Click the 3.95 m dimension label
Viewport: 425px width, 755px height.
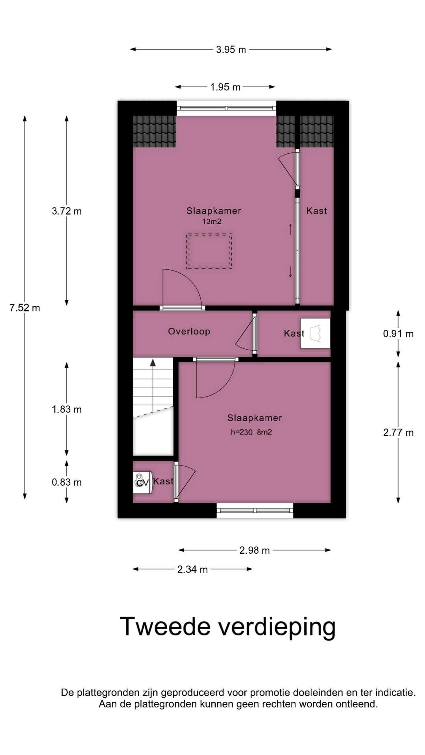231,50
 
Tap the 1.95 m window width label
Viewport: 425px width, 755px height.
225,87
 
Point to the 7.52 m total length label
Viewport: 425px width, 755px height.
25,308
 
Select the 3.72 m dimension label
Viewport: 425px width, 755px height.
67,211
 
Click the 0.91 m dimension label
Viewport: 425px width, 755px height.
398,334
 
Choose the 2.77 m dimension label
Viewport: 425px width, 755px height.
398,433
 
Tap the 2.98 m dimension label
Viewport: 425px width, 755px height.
255,550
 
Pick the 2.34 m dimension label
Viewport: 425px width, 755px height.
192,569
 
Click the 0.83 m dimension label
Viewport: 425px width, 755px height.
67,482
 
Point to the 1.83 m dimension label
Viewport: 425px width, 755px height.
67,409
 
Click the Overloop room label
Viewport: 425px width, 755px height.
189,331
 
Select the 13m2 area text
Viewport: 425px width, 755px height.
212,221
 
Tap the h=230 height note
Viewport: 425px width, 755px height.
242,432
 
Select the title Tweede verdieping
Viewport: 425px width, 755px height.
227,627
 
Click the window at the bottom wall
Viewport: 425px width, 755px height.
255,511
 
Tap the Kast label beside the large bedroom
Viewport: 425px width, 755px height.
316,211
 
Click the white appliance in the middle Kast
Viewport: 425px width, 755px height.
315,333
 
